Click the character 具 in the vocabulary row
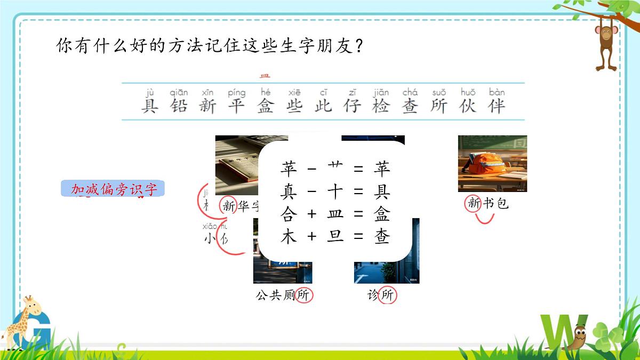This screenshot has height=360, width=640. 150,106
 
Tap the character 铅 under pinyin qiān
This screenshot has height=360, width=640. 179,106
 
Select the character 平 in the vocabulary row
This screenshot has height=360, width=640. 236,106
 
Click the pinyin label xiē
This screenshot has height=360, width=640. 294,92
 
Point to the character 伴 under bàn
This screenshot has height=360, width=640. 497,106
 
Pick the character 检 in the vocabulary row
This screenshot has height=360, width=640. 381,106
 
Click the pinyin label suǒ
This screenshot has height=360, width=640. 439,92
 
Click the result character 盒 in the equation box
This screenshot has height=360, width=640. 382,214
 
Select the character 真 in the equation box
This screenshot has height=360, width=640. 289,191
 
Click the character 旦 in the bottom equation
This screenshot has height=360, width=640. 335,236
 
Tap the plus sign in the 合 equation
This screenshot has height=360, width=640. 312,214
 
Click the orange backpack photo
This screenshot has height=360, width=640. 492,163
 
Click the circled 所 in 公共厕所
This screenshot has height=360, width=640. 303,295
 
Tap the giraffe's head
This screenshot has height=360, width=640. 30,307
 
